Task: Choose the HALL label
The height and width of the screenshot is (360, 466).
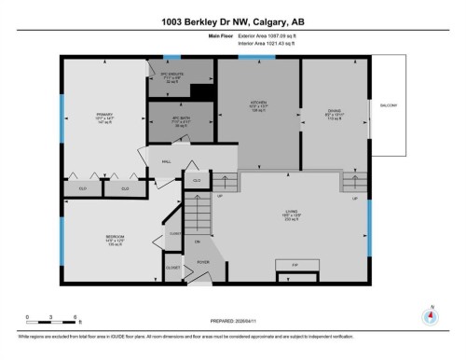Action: (167, 161)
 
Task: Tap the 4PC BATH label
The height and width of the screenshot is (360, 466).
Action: (169, 122)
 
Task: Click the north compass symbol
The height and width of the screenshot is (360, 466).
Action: (430, 315)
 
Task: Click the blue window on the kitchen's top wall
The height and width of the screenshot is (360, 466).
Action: (256, 58)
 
